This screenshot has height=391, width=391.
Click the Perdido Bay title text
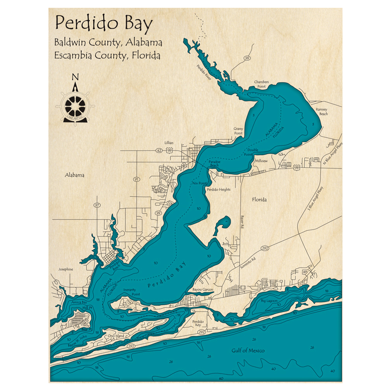click(104, 24)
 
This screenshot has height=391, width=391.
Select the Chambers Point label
click(262, 84)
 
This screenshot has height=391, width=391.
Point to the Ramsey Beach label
click(323, 112)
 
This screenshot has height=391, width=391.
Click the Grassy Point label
click(238, 131)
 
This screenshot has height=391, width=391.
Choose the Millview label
click(261, 161)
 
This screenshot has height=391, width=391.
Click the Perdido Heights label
click(219, 190)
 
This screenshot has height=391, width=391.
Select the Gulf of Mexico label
click(245, 350)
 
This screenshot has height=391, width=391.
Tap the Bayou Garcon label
click(203, 290)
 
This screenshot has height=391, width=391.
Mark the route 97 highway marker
click(97, 205)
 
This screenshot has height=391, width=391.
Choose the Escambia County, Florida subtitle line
click(108, 56)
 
